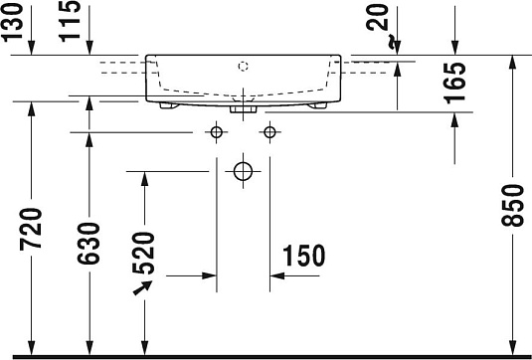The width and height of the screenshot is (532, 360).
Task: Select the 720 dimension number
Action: (33, 232)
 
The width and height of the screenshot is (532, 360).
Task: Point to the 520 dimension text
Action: (144, 255)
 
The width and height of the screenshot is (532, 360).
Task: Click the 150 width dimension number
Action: (303, 256)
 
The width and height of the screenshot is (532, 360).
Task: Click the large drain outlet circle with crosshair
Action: (243, 171)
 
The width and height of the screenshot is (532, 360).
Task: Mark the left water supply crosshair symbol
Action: (216, 131)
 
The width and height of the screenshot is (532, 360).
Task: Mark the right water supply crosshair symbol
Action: (268, 131)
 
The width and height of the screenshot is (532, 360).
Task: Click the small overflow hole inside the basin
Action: (243, 68)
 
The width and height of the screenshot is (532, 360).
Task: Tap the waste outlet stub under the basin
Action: (243, 109)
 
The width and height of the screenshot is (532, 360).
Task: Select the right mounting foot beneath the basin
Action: (319, 103)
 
